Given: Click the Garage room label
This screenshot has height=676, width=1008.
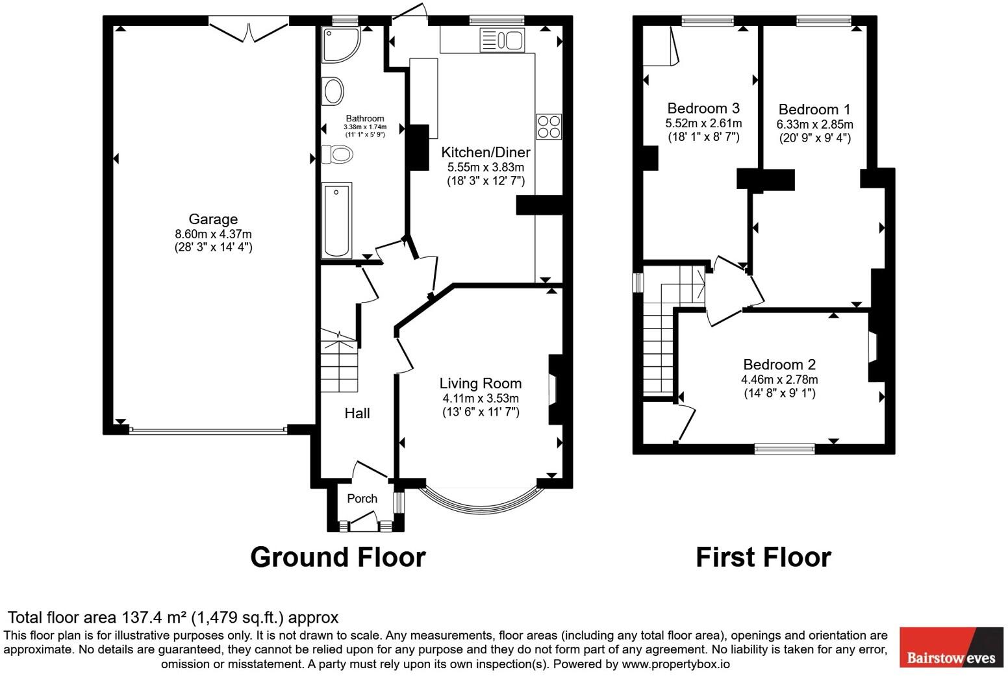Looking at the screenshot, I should click(213, 219).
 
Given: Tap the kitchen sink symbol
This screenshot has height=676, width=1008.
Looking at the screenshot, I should click(501, 40).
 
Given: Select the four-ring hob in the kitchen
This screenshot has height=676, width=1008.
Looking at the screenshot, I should click(549, 126).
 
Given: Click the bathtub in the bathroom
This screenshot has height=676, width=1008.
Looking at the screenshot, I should click(336, 220).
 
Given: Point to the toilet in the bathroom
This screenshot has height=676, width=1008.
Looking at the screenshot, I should click(338, 155).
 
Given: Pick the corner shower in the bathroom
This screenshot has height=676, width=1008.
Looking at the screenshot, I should click(339, 44).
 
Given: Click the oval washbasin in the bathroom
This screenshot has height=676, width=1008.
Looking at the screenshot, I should click(333, 91).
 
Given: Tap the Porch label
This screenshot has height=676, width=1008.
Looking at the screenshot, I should click(362, 499).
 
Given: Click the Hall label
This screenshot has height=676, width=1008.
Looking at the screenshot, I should click(357, 413).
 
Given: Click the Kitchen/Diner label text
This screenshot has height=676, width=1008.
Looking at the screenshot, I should click(486, 153).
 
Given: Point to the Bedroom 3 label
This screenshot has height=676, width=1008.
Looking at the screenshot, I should click(703, 108).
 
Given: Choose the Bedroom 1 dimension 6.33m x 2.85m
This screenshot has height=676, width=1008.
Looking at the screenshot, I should click(814, 124).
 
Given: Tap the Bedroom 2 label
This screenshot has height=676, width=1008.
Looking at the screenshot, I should click(779, 365).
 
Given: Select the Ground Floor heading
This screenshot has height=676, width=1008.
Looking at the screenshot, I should click(338, 557).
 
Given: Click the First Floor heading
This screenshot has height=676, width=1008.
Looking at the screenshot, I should click(763, 557).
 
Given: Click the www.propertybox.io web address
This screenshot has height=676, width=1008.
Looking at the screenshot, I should click(675, 664).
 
